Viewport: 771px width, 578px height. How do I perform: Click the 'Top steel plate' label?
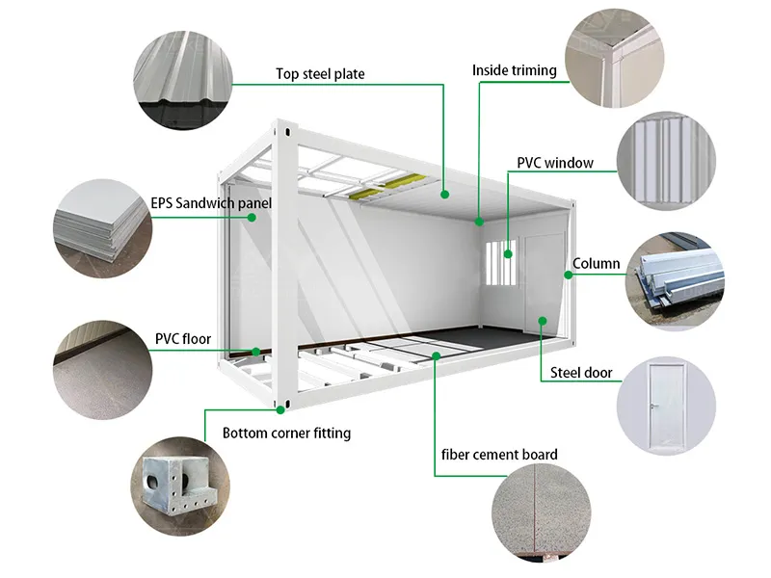(x=320, y=74)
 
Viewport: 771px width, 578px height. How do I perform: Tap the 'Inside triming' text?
(x=514, y=70)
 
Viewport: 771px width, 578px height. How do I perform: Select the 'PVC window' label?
(x=554, y=163)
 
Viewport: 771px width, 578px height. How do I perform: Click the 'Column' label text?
(x=597, y=264)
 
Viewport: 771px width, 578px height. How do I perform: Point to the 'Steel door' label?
(x=581, y=373)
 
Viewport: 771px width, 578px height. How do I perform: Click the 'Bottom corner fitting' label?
(x=286, y=433)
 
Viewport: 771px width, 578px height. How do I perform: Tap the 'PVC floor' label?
(x=182, y=339)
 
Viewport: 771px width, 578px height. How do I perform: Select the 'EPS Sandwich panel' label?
(x=211, y=204)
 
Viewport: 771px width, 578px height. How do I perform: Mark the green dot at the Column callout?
(x=570, y=275)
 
